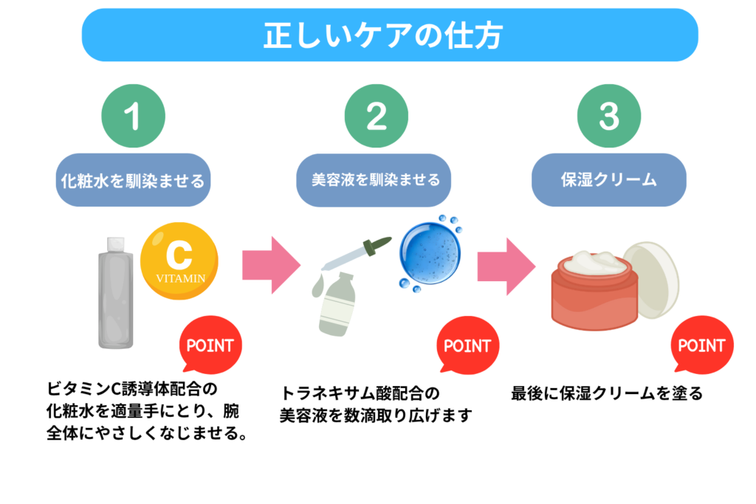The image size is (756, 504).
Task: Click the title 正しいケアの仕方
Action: coord(388,35)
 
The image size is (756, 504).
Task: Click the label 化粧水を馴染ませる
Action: coord(133,179)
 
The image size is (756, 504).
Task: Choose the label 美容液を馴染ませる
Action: coord(377,179)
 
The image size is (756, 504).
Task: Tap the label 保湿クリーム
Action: coord(609,179)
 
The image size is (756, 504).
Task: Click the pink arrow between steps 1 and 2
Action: coord(270,264)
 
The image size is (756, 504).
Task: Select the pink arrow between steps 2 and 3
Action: coord(505,264)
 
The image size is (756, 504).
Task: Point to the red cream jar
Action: coord(592,295)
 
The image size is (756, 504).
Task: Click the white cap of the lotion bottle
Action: coord(114,244)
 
